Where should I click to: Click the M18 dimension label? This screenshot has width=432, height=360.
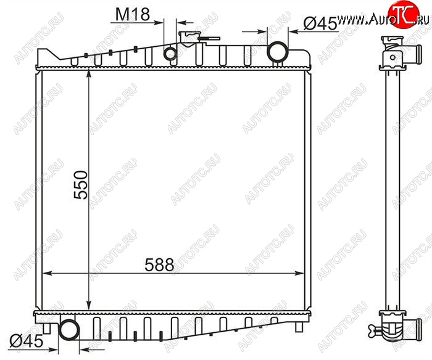pyautogui.click(x=133, y=14)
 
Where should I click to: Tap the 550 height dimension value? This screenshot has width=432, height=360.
pyautogui.click(x=81, y=185)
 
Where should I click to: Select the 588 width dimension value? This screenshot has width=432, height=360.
pyautogui.click(x=159, y=265)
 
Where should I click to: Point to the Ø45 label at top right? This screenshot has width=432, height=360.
pyautogui.click(x=320, y=23)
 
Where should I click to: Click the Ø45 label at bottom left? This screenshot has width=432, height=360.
pyautogui.click(x=27, y=342)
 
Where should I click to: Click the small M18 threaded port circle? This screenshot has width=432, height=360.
pyautogui.click(x=170, y=54)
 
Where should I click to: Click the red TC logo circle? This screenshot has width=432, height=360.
pyautogui.click(x=404, y=14)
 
